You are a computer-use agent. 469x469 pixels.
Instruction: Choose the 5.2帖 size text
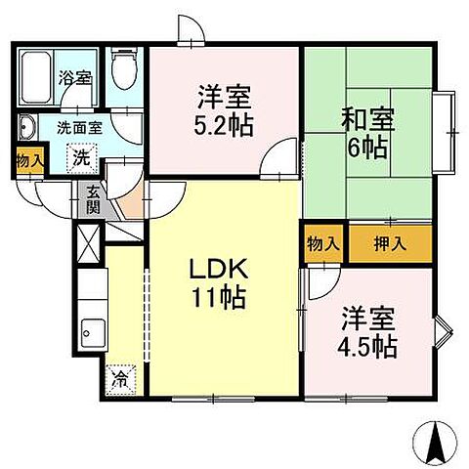point(224,127)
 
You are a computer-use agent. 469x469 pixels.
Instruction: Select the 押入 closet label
point(389,243)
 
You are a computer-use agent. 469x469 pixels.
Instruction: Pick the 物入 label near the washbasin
point(29,161)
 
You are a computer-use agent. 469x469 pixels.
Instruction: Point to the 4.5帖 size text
point(368,345)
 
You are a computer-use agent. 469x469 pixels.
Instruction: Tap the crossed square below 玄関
point(87,240)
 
